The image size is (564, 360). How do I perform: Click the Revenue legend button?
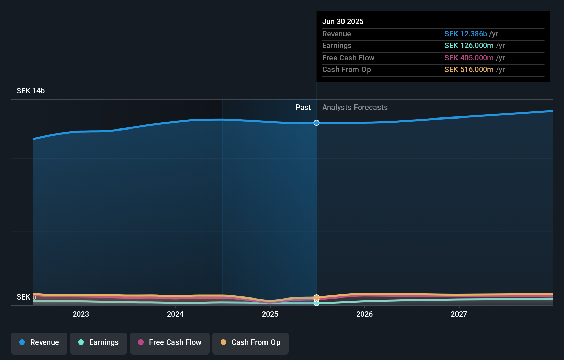tap(39, 343)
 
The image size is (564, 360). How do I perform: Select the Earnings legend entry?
tap(99, 343)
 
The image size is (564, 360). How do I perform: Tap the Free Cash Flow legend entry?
tap(170, 343)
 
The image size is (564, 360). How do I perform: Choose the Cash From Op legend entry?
tap(250, 343)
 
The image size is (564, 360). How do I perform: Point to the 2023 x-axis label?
tap(81, 314)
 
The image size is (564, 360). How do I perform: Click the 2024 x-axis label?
tap(175, 314)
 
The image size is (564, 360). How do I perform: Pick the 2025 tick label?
tap(270, 314)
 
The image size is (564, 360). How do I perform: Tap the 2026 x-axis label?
tap(364, 314)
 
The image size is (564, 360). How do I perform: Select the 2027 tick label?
tap(459, 314)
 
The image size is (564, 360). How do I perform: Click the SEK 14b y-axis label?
tap(31, 91)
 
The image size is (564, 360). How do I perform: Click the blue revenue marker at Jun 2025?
tap(317, 123)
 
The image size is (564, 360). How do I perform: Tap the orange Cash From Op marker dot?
tap(317, 297)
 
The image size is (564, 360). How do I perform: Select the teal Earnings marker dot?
tap(317, 303)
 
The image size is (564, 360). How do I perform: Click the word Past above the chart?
tap(303, 108)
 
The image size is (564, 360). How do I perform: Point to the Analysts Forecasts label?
tap(355, 108)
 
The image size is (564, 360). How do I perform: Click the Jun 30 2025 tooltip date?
tap(343, 22)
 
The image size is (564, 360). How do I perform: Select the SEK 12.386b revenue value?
tap(465, 34)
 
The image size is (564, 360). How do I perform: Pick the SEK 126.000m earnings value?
tap(469, 46)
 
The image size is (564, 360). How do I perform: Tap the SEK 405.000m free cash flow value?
tap(469, 58)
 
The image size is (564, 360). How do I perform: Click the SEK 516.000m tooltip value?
tap(469, 70)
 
